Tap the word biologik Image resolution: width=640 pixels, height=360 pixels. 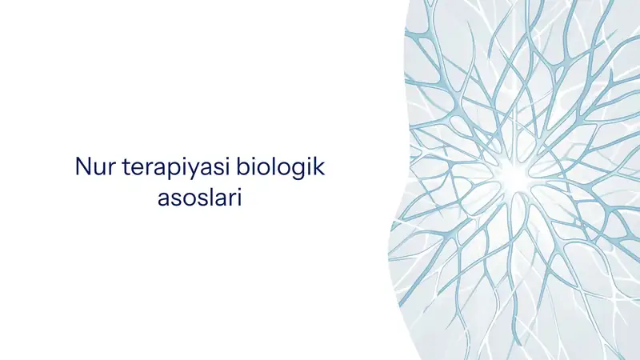pyautogui.click(x=281, y=167)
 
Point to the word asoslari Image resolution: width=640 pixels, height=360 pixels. pyautogui.click(x=199, y=198)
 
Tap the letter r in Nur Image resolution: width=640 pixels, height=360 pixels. pyautogui.click(x=113, y=169)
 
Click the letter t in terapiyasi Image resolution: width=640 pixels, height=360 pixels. pyautogui.click(x=126, y=167)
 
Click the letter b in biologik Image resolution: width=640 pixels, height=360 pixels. pyautogui.click(x=243, y=166)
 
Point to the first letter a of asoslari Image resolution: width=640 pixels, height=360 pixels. pyautogui.click(x=163, y=200)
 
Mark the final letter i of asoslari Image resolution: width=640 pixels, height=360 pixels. pyautogui.click(x=240, y=197)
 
